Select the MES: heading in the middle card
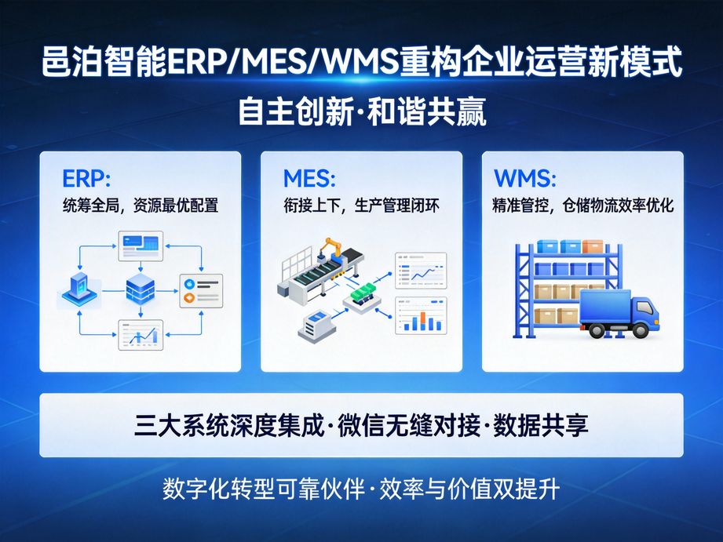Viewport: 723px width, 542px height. tap(309, 178)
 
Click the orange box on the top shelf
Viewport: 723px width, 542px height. tap(593, 246)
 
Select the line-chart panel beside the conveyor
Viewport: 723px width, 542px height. tap(421, 271)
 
